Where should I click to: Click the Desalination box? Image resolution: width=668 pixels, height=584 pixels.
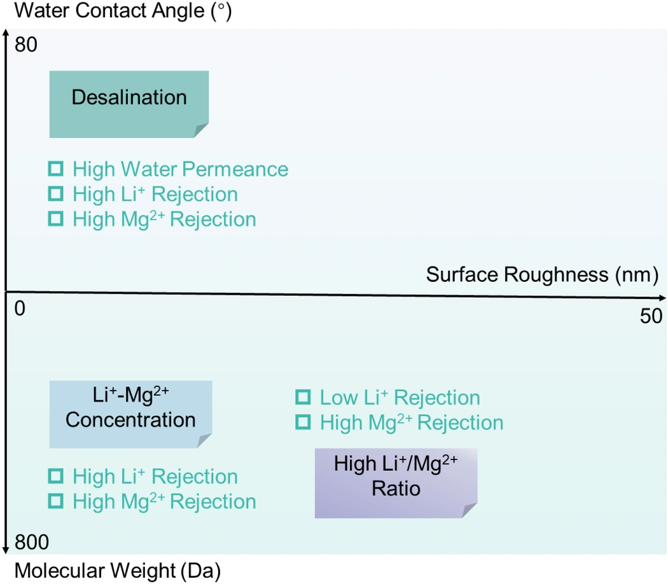[129, 104]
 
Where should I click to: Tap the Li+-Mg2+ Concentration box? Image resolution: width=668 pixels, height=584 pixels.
[131, 414]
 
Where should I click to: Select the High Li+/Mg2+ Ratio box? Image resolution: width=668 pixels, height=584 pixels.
[396, 483]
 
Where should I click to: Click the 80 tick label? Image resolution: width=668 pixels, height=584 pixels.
[26, 45]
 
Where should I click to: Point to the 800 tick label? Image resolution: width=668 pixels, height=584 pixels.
[32, 542]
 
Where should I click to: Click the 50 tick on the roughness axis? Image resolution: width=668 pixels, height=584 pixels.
[651, 316]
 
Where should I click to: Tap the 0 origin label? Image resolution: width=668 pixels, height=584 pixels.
[20, 309]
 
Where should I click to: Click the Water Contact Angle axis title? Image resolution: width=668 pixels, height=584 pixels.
[123, 11]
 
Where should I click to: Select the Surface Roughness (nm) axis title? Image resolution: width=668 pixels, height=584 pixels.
[542, 275]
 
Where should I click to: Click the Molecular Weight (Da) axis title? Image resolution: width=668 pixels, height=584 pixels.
[118, 571]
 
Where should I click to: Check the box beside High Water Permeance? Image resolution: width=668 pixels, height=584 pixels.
[56, 169]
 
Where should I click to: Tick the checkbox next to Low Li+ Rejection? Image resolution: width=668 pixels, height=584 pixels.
[303, 397]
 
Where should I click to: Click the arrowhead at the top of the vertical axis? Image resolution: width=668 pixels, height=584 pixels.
[6, 34]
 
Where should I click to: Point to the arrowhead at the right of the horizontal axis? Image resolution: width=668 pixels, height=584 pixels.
[662, 297]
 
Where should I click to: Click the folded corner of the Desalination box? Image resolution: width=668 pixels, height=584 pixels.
[201, 130]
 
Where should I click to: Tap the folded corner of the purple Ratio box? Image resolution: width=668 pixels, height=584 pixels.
[470, 511]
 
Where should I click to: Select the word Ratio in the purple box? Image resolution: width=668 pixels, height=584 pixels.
[396, 489]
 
